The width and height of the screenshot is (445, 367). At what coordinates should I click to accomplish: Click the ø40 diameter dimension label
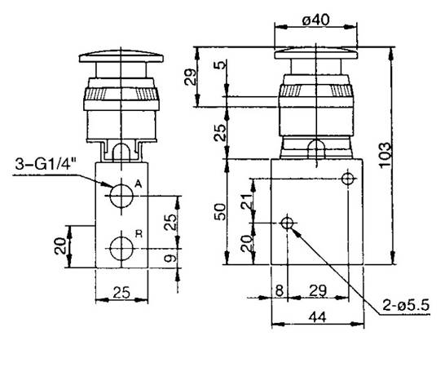pyautogui.click(x=315, y=20)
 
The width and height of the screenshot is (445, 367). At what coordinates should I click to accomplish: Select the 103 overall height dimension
pyautogui.click(x=386, y=155)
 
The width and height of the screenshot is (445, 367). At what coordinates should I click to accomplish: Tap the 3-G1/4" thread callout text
pyautogui.click(x=46, y=164)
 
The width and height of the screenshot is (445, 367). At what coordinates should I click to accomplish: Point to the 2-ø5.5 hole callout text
pyautogui.click(x=406, y=306)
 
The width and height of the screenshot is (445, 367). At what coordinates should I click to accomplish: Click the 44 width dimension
pyautogui.click(x=317, y=316)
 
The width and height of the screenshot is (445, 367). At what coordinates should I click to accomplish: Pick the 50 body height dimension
pyautogui.click(x=221, y=212)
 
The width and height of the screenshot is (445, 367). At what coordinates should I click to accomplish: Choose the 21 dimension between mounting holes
pyautogui.click(x=246, y=201)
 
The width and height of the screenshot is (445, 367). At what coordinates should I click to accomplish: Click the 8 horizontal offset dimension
pyautogui.click(x=280, y=290)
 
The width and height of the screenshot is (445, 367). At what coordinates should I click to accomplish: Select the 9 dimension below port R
pyautogui.click(x=170, y=258)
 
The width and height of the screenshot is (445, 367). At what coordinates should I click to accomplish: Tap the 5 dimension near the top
pyautogui.click(x=221, y=64)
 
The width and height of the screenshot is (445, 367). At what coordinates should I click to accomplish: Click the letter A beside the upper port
pyautogui.click(x=139, y=184)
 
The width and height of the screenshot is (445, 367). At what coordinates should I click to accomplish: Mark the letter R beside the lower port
pyautogui.click(x=139, y=234)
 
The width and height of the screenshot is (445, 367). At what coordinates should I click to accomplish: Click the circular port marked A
pyautogui.click(x=121, y=196)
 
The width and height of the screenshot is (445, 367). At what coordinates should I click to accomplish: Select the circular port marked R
pyautogui.click(x=121, y=249)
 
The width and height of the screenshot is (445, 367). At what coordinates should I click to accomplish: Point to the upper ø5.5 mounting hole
pyautogui.click(x=348, y=179)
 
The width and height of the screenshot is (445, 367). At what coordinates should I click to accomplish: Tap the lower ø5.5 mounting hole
pyautogui.click(x=287, y=223)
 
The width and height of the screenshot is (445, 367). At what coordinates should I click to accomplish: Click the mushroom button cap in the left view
pyautogui.click(x=121, y=57)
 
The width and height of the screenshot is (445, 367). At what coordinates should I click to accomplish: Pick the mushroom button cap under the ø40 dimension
pyautogui.click(x=315, y=54)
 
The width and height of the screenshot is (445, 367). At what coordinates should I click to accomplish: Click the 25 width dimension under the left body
pyautogui.click(x=121, y=292)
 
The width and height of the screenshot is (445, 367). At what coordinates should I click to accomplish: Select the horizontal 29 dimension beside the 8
pyautogui.click(x=318, y=290)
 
